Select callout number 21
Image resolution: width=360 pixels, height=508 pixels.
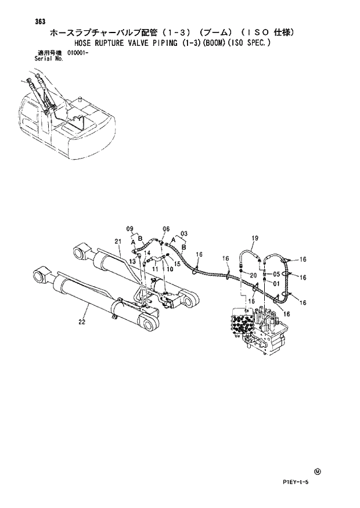coord(117,241)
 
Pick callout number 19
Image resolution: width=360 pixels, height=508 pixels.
coord(254,238)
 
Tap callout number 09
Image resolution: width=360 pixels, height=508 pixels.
coord(129,228)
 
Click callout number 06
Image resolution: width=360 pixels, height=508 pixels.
coord(166,229)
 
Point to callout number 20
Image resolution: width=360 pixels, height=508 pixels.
coord(254,274)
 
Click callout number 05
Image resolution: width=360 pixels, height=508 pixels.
coord(276,274)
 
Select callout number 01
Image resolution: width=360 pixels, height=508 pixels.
coord(276,283)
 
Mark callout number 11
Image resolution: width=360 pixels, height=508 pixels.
coord(155,269)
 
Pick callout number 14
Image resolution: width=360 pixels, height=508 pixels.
coord(147,253)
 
